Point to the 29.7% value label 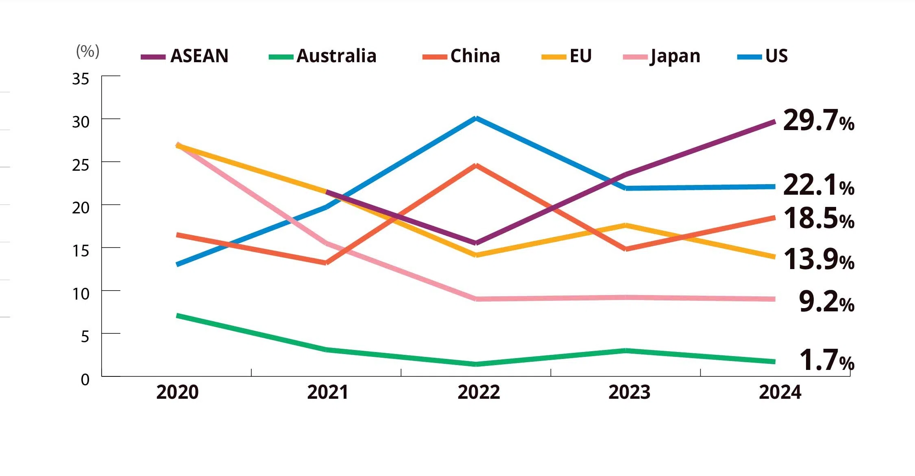(x=818, y=121)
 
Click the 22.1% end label (x=818, y=185)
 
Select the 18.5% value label (x=818, y=218)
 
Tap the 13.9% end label (x=818, y=259)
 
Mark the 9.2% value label (x=826, y=302)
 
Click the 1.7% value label (x=826, y=361)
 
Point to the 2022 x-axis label (x=479, y=392)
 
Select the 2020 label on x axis (x=177, y=392)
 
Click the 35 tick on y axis (x=81, y=79)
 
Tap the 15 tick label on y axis (x=81, y=251)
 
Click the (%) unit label (x=87, y=52)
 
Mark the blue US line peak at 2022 (x=476, y=118)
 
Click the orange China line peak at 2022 (x=476, y=165)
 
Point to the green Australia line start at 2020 (x=178, y=315)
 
